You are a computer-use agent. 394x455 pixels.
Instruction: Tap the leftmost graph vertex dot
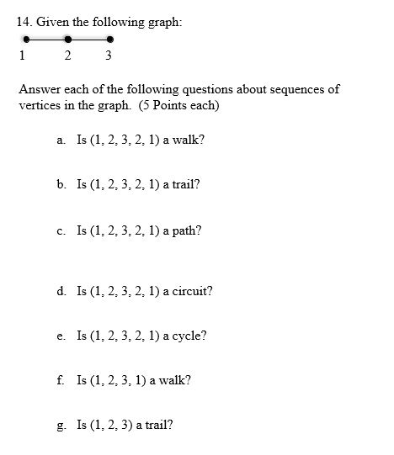[x=26, y=39]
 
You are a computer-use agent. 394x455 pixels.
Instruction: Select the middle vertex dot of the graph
[x=68, y=39]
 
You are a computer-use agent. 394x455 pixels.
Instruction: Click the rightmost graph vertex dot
[x=110, y=39]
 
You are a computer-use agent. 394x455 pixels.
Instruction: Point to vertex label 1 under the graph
[x=21, y=56]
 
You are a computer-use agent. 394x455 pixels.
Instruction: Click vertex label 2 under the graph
[x=67, y=56]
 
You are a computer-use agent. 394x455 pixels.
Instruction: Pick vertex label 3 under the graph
[x=109, y=56]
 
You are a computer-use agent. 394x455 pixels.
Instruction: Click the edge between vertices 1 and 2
[x=47, y=39]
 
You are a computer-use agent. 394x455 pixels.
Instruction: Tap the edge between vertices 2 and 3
[x=89, y=39]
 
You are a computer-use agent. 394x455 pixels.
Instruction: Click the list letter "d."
[x=62, y=291]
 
